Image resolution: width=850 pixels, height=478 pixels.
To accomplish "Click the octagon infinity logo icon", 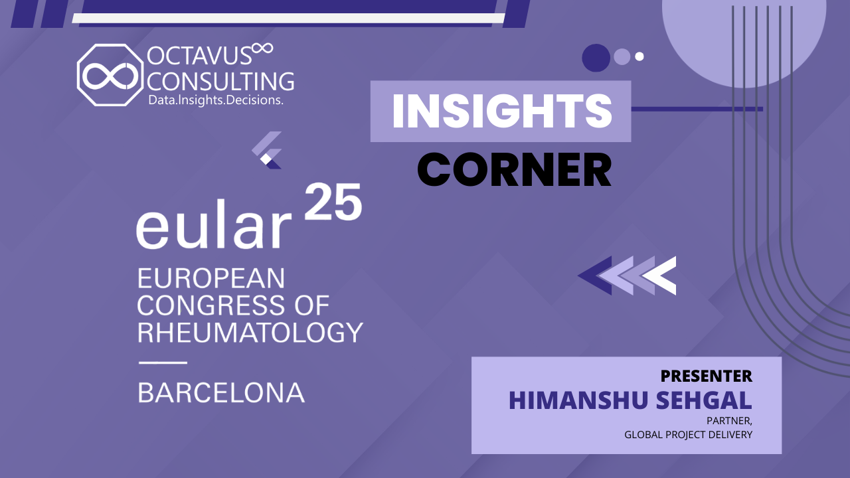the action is pyautogui.click(x=110, y=75).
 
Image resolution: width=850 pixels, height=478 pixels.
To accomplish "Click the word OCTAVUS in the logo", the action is pyautogui.click(x=200, y=56).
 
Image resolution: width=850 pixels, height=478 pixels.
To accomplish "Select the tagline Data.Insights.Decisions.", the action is pyautogui.click(x=216, y=100).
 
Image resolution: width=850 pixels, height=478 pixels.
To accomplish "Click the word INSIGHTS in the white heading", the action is pyautogui.click(x=502, y=111).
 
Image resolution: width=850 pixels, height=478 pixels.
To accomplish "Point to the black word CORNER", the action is pyautogui.click(x=515, y=169).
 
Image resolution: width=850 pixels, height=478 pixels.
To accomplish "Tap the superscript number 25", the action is pyautogui.click(x=333, y=202).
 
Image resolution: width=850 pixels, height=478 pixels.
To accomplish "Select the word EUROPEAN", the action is pyautogui.click(x=211, y=278).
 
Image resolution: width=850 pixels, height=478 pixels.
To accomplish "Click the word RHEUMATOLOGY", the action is pyautogui.click(x=250, y=333).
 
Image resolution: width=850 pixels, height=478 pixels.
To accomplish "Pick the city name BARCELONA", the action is pyautogui.click(x=221, y=392).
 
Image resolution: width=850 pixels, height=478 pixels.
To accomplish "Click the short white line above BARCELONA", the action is pyautogui.click(x=163, y=362).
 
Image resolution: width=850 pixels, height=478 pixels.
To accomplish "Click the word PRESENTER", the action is pyautogui.click(x=707, y=376).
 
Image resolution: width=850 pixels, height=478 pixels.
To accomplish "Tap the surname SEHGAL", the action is pyautogui.click(x=704, y=400).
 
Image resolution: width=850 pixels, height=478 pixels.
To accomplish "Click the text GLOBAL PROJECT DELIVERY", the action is pyautogui.click(x=689, y=435).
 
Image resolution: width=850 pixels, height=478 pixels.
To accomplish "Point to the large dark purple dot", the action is pyautogui.click(x=596, y=58).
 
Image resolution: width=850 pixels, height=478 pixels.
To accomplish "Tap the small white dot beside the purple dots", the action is pyautogui.click(x=639, y=56).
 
